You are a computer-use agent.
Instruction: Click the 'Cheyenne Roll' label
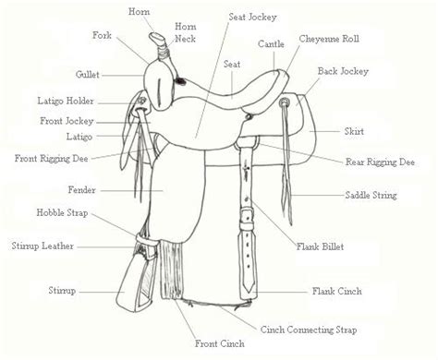(329, 39)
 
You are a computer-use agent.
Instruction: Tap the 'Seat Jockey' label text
(252, 18)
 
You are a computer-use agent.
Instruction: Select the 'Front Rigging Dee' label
(52, 159)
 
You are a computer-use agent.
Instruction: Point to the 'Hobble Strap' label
(62, 213)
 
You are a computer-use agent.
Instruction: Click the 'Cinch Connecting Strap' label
(309, 330)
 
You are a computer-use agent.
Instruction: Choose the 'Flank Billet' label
(320, 246)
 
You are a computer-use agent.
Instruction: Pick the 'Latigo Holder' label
(66, 102)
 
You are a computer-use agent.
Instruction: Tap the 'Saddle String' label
(371, 196)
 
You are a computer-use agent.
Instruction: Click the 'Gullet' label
(88, 75)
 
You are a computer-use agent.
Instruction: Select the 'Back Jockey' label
(343, 71)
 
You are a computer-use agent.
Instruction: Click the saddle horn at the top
(157, 39)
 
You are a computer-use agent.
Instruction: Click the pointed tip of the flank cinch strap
(249, 292)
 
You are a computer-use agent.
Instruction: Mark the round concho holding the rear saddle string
(284, 102)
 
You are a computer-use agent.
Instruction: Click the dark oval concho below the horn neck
(180, 81)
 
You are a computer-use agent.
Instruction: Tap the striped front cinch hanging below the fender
(171, 270)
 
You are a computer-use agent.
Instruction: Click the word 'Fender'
(82, 190)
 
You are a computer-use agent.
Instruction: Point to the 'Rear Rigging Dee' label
(380, 162)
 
